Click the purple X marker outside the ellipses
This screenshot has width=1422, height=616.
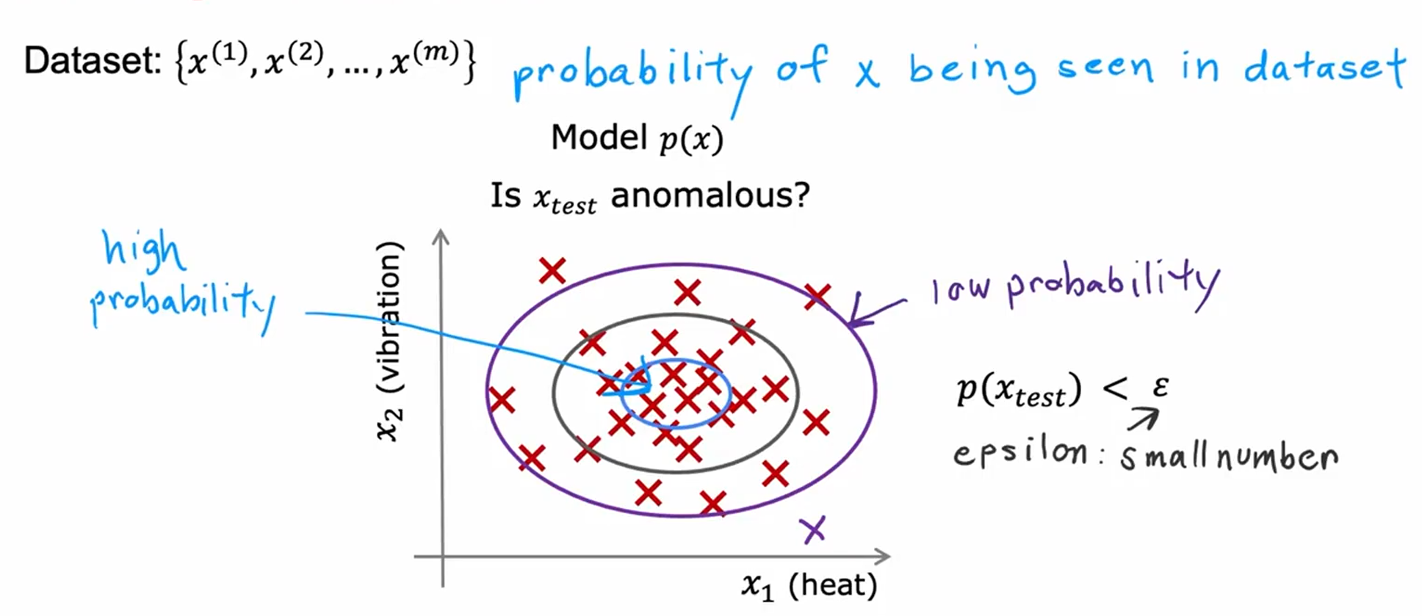click(x=813, y=529)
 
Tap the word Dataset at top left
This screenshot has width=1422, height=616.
click(x=93, y=60)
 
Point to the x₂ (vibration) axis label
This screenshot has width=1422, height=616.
click(x=389, y=341)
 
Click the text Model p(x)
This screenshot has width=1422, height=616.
click(x=638, y=137)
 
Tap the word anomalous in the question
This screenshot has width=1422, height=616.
click(x=710, y=195)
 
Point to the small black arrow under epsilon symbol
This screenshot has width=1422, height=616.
click(x=1143, y=419)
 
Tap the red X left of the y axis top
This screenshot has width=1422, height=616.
click(x=552, y=271)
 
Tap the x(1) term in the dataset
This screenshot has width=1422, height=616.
click(x=217, y=60)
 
